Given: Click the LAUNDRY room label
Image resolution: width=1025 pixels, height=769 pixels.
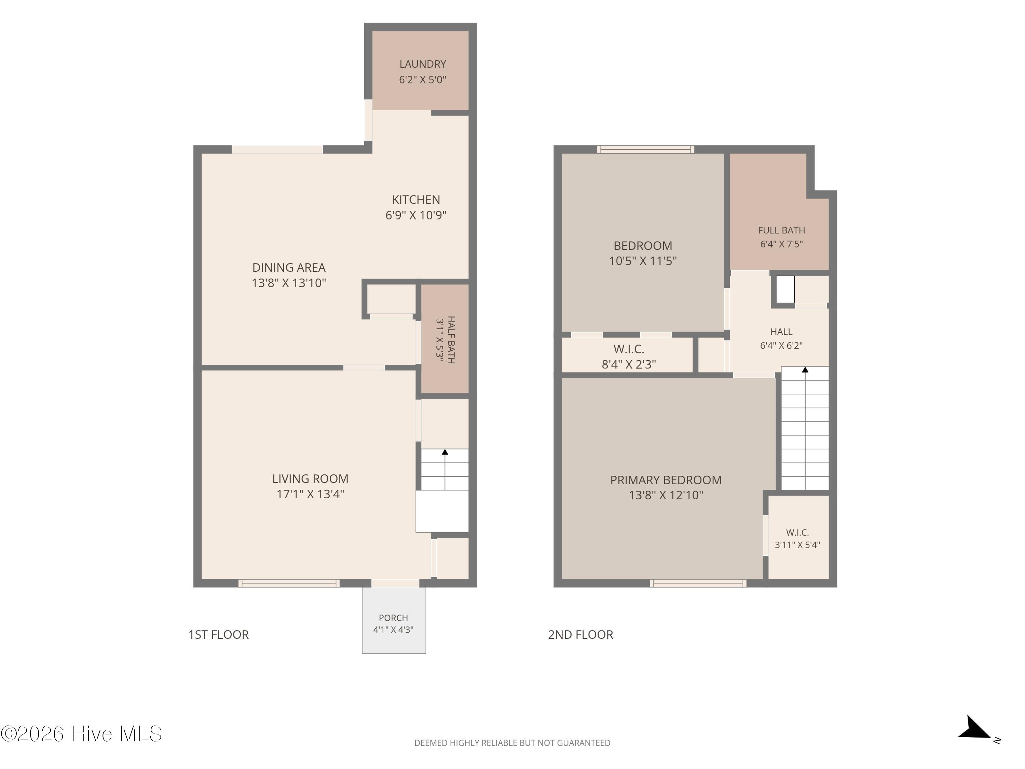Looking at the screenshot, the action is tap(423, 64).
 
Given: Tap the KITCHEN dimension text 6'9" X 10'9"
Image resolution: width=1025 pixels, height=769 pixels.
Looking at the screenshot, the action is tap(416, 215).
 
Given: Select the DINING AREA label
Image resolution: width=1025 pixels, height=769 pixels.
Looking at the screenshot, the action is tap(289, 268).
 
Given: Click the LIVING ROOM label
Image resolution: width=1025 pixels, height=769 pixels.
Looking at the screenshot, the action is tap(310, 478).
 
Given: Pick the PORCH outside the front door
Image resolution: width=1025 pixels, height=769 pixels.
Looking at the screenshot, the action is tap(394, 620).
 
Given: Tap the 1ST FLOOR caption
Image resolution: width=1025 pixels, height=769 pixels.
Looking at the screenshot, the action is tap(218, 635).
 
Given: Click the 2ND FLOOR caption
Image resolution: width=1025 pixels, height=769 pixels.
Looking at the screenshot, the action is tap(580, 635).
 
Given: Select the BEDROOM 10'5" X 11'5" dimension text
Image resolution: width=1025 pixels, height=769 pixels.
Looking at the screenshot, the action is tap(643, 261).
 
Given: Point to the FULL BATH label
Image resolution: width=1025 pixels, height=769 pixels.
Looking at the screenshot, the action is tap(781, 230).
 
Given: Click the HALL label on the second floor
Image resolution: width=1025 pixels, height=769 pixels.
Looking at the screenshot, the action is tap(781, 332).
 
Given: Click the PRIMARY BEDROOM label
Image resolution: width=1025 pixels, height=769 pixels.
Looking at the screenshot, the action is tap(666, 480).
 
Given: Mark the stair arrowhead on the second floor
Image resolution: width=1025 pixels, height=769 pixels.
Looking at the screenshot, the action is tap(805, 370).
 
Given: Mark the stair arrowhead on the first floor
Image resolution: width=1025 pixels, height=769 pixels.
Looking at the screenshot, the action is tap(445, 452).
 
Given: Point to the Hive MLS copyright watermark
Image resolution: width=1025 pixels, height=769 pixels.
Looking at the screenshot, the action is tap(82, 734).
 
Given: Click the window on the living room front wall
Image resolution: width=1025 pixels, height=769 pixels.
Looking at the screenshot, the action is tap(289, 583).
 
